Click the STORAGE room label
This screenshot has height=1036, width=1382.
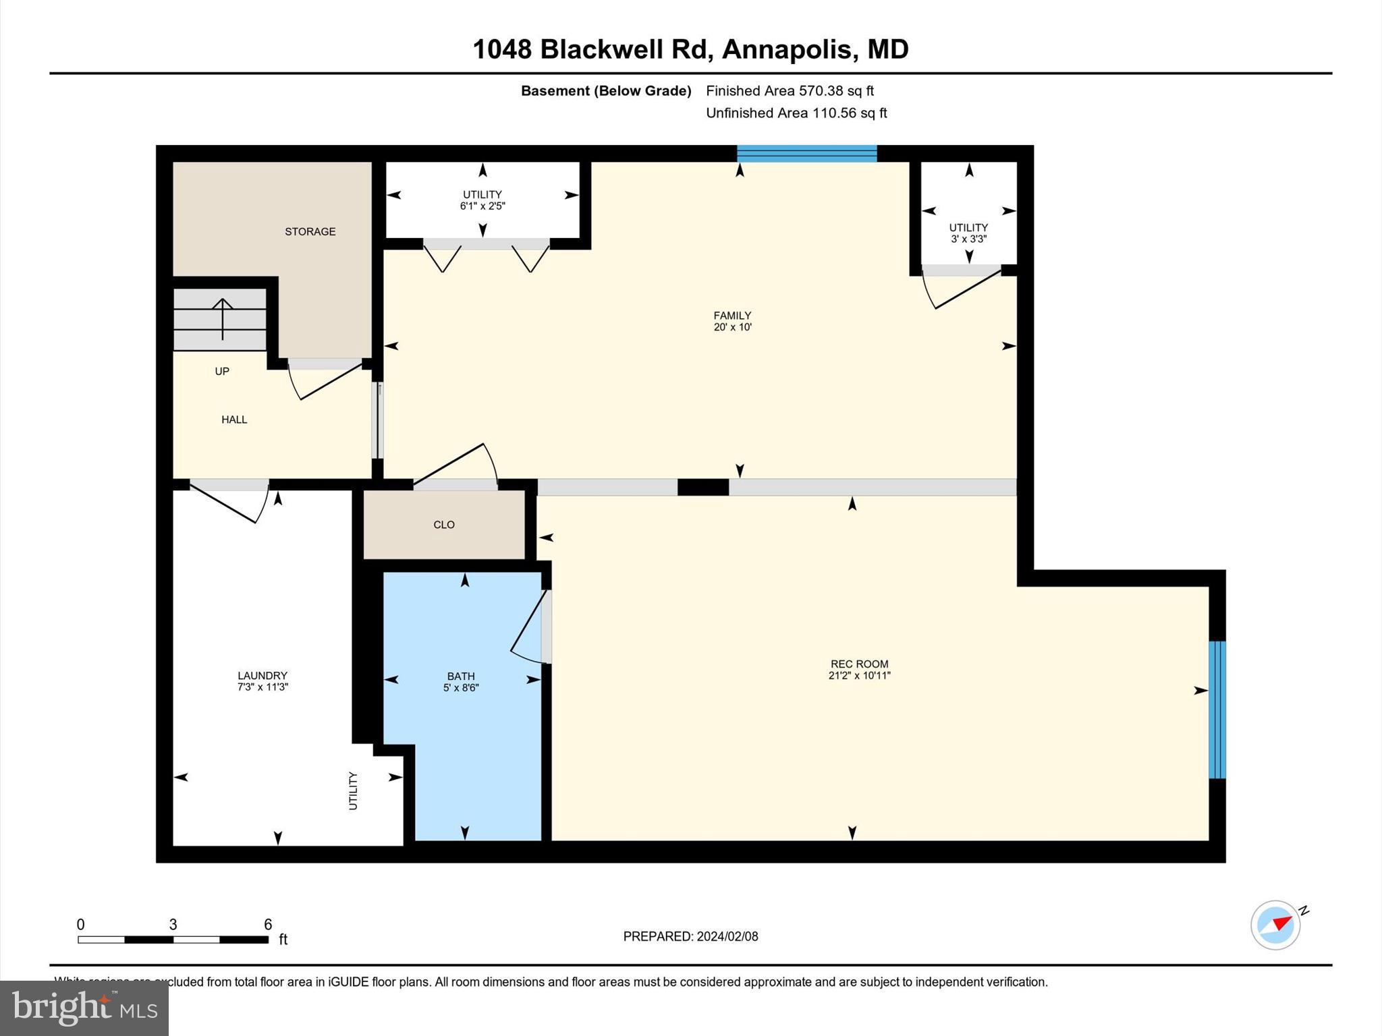[310, 231]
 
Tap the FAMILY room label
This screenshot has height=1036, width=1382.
[732, 315]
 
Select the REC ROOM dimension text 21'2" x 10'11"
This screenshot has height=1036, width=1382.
[859, 675]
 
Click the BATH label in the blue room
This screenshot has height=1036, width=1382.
[461, 676]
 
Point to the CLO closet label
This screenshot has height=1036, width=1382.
[444, 525]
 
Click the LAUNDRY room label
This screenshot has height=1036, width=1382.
[262, 675]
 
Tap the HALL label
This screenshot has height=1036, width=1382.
[234, 420]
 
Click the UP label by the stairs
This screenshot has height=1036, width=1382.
[222, 371]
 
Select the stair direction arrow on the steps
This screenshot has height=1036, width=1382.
[223, 318]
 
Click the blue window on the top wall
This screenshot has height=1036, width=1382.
[806, 154]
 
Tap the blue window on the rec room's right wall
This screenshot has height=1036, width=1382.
[1217, 710]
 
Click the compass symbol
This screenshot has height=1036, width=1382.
[1275, 925]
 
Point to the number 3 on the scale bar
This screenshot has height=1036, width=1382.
[173, 925]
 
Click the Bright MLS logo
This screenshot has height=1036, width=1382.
[84, 1008]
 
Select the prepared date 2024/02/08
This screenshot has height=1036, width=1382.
[727, 936]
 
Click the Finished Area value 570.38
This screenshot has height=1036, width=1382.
[821, 90]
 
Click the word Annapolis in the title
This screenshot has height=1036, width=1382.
[786, 49]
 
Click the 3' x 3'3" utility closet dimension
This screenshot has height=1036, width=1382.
[968, 239]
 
